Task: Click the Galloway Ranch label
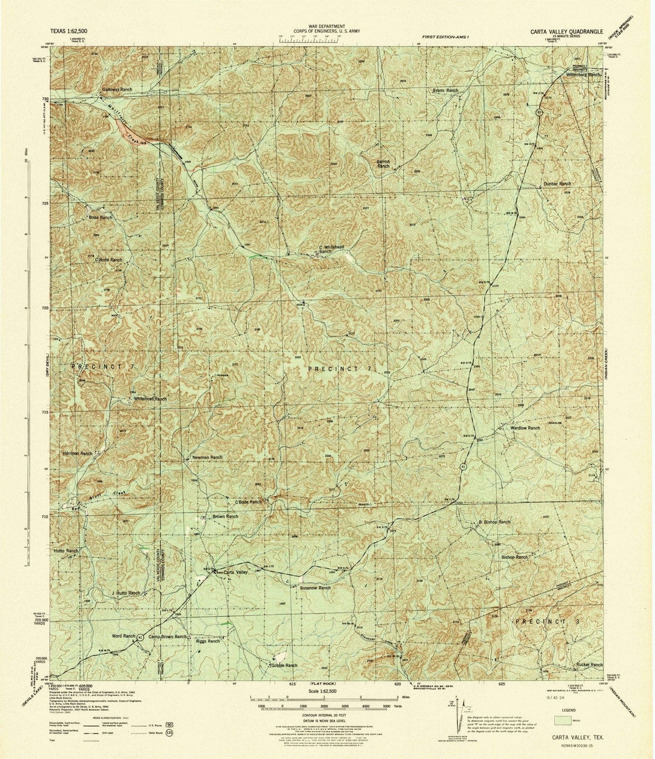pyautogui.click(x=117, y=89)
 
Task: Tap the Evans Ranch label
pyautogui.click(x=445, y=90)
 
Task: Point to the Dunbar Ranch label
pyautogui.click(x=557, y=183)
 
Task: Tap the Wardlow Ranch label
pyautogui.click(x=525, y=428)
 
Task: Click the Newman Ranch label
pyautogui.click(x=207, y=457)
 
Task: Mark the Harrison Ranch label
pyautogui.click(x=77, y=453)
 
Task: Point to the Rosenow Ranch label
pyautogui.click(x=315, y=587)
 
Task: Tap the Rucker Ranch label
pyautogui.click(x=589, y=664)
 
